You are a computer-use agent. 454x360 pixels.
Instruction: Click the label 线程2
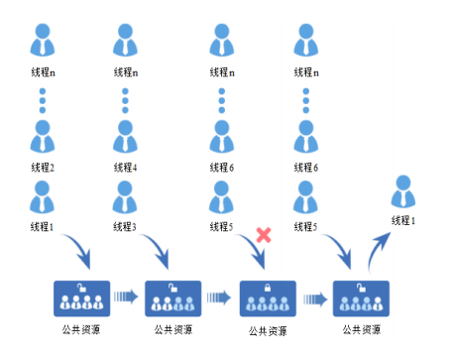(42, 168)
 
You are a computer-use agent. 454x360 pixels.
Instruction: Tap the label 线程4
(125, 168)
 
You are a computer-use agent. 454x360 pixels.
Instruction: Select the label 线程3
(125, 226)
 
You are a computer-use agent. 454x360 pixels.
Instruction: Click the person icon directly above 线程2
(42, 136)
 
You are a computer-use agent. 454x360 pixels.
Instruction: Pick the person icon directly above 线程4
(125, 136)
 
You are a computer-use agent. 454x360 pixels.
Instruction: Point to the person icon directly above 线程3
(125, 195)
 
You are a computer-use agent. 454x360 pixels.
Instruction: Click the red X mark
(265, 235)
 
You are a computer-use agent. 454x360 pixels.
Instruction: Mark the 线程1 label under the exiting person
(402, 221)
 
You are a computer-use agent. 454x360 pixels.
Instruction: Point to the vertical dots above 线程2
(42, 102)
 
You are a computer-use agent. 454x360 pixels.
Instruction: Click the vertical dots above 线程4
(125, 102)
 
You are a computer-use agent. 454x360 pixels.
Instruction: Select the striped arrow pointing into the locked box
(221, 296)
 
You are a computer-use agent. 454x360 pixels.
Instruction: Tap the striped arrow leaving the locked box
(315, 296)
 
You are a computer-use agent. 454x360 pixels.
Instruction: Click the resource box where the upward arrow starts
(361, 298)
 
